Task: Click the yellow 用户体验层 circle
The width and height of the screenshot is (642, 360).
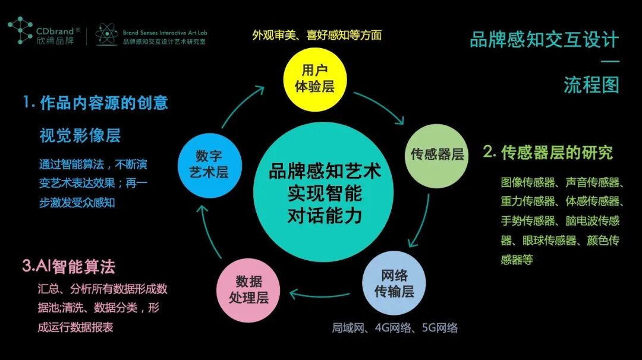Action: pyautogui.click(x=314, y=79)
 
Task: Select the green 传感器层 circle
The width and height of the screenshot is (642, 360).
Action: pyautogui.click(x=437, y=155)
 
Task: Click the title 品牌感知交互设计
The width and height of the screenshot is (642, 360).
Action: pyautogui.click(x=544, y=40)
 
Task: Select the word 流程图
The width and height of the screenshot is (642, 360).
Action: pyautogui.click(x=591, y=85)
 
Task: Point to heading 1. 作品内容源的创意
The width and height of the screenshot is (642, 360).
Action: pyautogui.click(x=96, y=103)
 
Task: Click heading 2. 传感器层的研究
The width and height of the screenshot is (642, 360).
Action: pyautogui.click(x=547, y=153)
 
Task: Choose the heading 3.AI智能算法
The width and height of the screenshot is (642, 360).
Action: pyautogui.click(x=68, y=266)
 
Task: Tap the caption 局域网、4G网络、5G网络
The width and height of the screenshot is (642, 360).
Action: pyautogui.click(x=395, y=327)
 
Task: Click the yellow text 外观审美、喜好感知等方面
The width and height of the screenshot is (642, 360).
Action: pyautogui.click(x=316, y=34)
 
